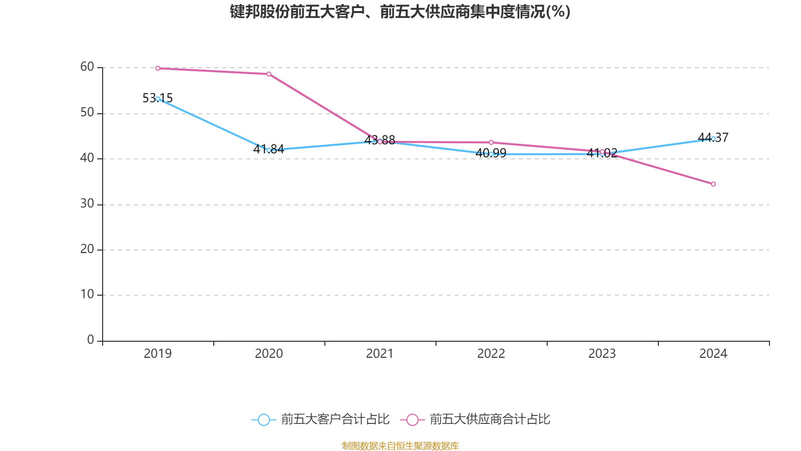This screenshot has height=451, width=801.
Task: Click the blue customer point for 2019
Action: click(158, 99)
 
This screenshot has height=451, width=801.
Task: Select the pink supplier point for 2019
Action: click(158, 68)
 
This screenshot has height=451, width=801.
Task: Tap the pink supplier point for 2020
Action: click(269, 74)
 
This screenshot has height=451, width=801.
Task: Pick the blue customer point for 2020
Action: click(269, 150)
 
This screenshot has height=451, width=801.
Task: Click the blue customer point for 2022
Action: click(491, 154)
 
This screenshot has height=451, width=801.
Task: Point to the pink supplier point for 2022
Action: click(491, 143)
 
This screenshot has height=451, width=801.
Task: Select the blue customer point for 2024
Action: click(713, 139)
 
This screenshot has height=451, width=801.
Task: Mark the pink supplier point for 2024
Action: click(713, 184)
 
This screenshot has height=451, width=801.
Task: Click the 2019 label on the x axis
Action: click(158, 354)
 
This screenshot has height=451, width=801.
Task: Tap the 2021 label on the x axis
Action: click(380, 354)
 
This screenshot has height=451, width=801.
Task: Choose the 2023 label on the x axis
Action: click(602, 354)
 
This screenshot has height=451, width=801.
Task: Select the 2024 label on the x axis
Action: click(713, 354)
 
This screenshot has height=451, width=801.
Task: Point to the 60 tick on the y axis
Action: click(87, 67)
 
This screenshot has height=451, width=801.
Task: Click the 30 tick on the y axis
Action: click(87, 204)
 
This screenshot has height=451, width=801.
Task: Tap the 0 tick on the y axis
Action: click(91, 340)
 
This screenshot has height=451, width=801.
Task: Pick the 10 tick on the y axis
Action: click(87, 295)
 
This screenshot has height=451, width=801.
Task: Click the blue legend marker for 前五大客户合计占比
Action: click(263, 419)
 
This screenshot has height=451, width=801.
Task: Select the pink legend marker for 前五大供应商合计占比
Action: click(412, 419)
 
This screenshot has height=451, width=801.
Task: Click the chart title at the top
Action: click(400, 12)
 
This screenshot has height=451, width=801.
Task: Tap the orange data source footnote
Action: click(400, 445)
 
